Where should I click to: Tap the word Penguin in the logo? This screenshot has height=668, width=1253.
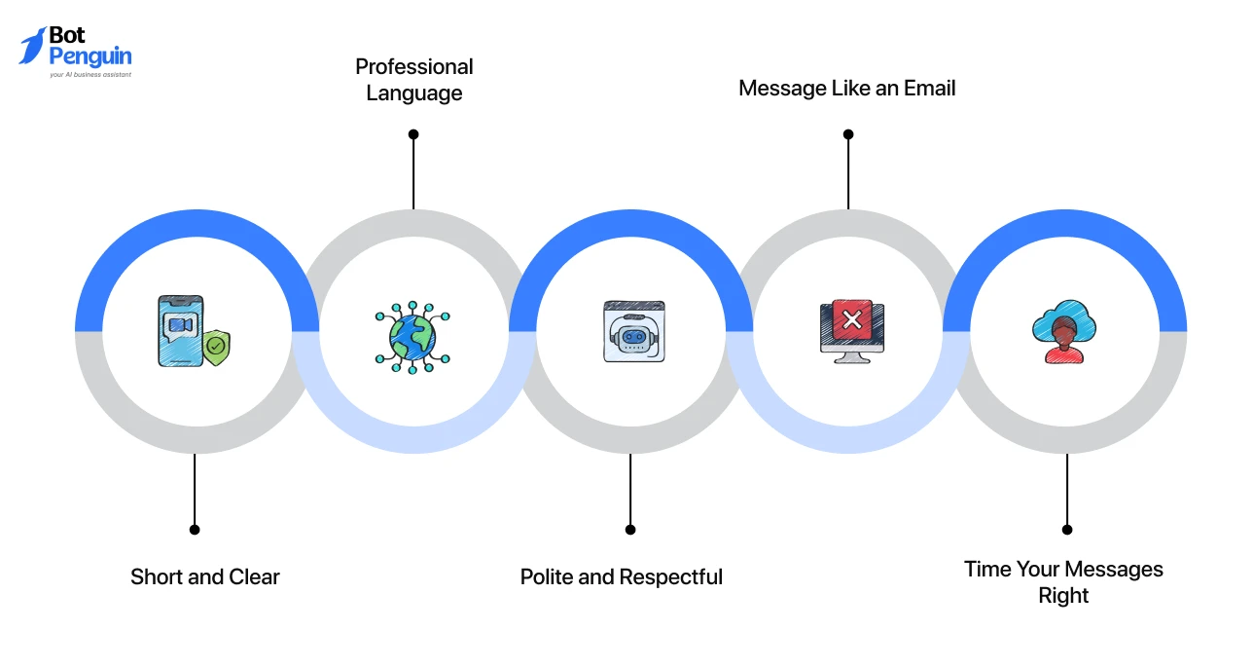click(89, 56)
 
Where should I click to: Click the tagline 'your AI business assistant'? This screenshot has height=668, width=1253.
click(89, 74)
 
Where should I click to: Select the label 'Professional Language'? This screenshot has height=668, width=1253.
click(414, 80)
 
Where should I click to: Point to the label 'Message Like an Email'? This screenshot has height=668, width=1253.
click(846, 88)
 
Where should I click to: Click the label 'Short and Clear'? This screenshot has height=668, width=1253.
click(204, 576)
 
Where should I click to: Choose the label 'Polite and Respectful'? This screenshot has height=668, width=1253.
click(621, 576)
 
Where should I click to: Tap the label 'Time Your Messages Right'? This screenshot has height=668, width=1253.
click(1063, 581)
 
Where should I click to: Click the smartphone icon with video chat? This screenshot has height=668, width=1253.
click(181, 330)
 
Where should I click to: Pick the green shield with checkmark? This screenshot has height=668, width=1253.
click(216, 347)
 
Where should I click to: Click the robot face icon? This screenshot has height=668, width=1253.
click(633, 332)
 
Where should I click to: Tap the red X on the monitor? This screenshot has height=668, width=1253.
click(852, 319)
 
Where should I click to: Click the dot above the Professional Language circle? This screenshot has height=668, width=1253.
click(413, 134)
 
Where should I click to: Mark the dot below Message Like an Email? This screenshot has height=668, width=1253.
click(847, 134)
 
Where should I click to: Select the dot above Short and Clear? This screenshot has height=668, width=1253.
click(195, 530)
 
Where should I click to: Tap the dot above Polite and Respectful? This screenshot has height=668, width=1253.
click(630, 530)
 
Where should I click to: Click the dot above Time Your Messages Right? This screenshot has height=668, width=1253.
click(1067, 530)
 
